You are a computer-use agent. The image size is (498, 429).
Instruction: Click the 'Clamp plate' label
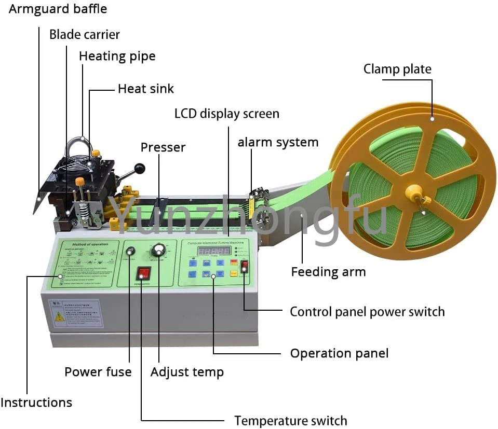[x=397, y=69]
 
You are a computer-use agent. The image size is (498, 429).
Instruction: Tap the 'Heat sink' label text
[x=145, y=89]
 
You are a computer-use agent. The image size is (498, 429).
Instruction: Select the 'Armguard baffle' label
[x=58, y=9]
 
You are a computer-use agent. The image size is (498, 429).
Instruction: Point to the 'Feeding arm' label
[x=328, y=272]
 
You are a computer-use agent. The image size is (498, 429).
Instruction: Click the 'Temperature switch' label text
[x=290, y=420]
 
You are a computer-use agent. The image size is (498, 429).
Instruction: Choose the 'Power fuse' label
[x=98, y=371]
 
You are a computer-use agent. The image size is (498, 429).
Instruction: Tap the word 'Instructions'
[x=36, y=403]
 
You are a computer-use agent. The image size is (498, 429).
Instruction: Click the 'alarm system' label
[x=278, y=142]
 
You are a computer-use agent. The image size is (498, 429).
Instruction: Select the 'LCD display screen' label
[x=226, y=114]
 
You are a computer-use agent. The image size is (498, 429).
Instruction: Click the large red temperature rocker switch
[x=143, y=273]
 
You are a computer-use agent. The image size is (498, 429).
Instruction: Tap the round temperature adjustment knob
[x=157, y=252]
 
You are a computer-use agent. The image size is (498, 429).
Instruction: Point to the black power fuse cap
[x=130, y=251]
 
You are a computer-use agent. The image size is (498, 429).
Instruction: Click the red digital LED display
[x=213, y=251]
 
